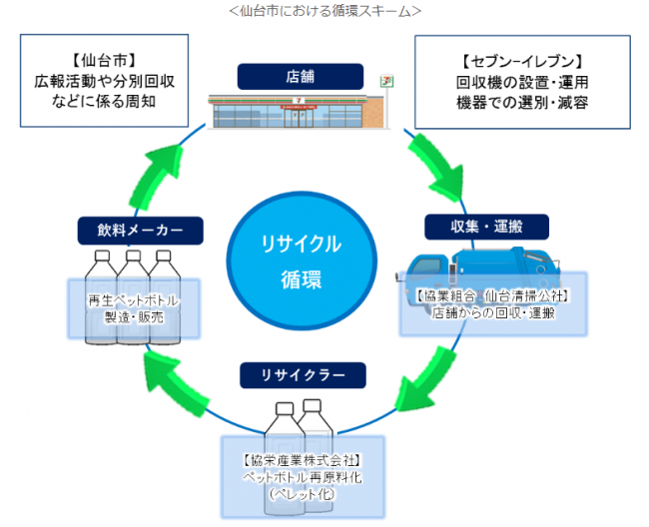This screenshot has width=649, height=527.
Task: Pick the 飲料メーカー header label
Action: (x=132, y=231)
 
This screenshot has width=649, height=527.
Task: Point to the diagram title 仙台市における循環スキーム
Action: (x=324, y=12)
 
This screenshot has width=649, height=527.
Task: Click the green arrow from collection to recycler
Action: (x=428, y=384)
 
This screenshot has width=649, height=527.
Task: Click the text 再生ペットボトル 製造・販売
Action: (x=133, y=307)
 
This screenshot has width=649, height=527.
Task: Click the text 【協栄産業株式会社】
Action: (x=301, y=460)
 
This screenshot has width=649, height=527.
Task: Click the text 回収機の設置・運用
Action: (x=523, y=81)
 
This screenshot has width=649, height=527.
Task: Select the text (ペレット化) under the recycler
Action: (x=301, y=493)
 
